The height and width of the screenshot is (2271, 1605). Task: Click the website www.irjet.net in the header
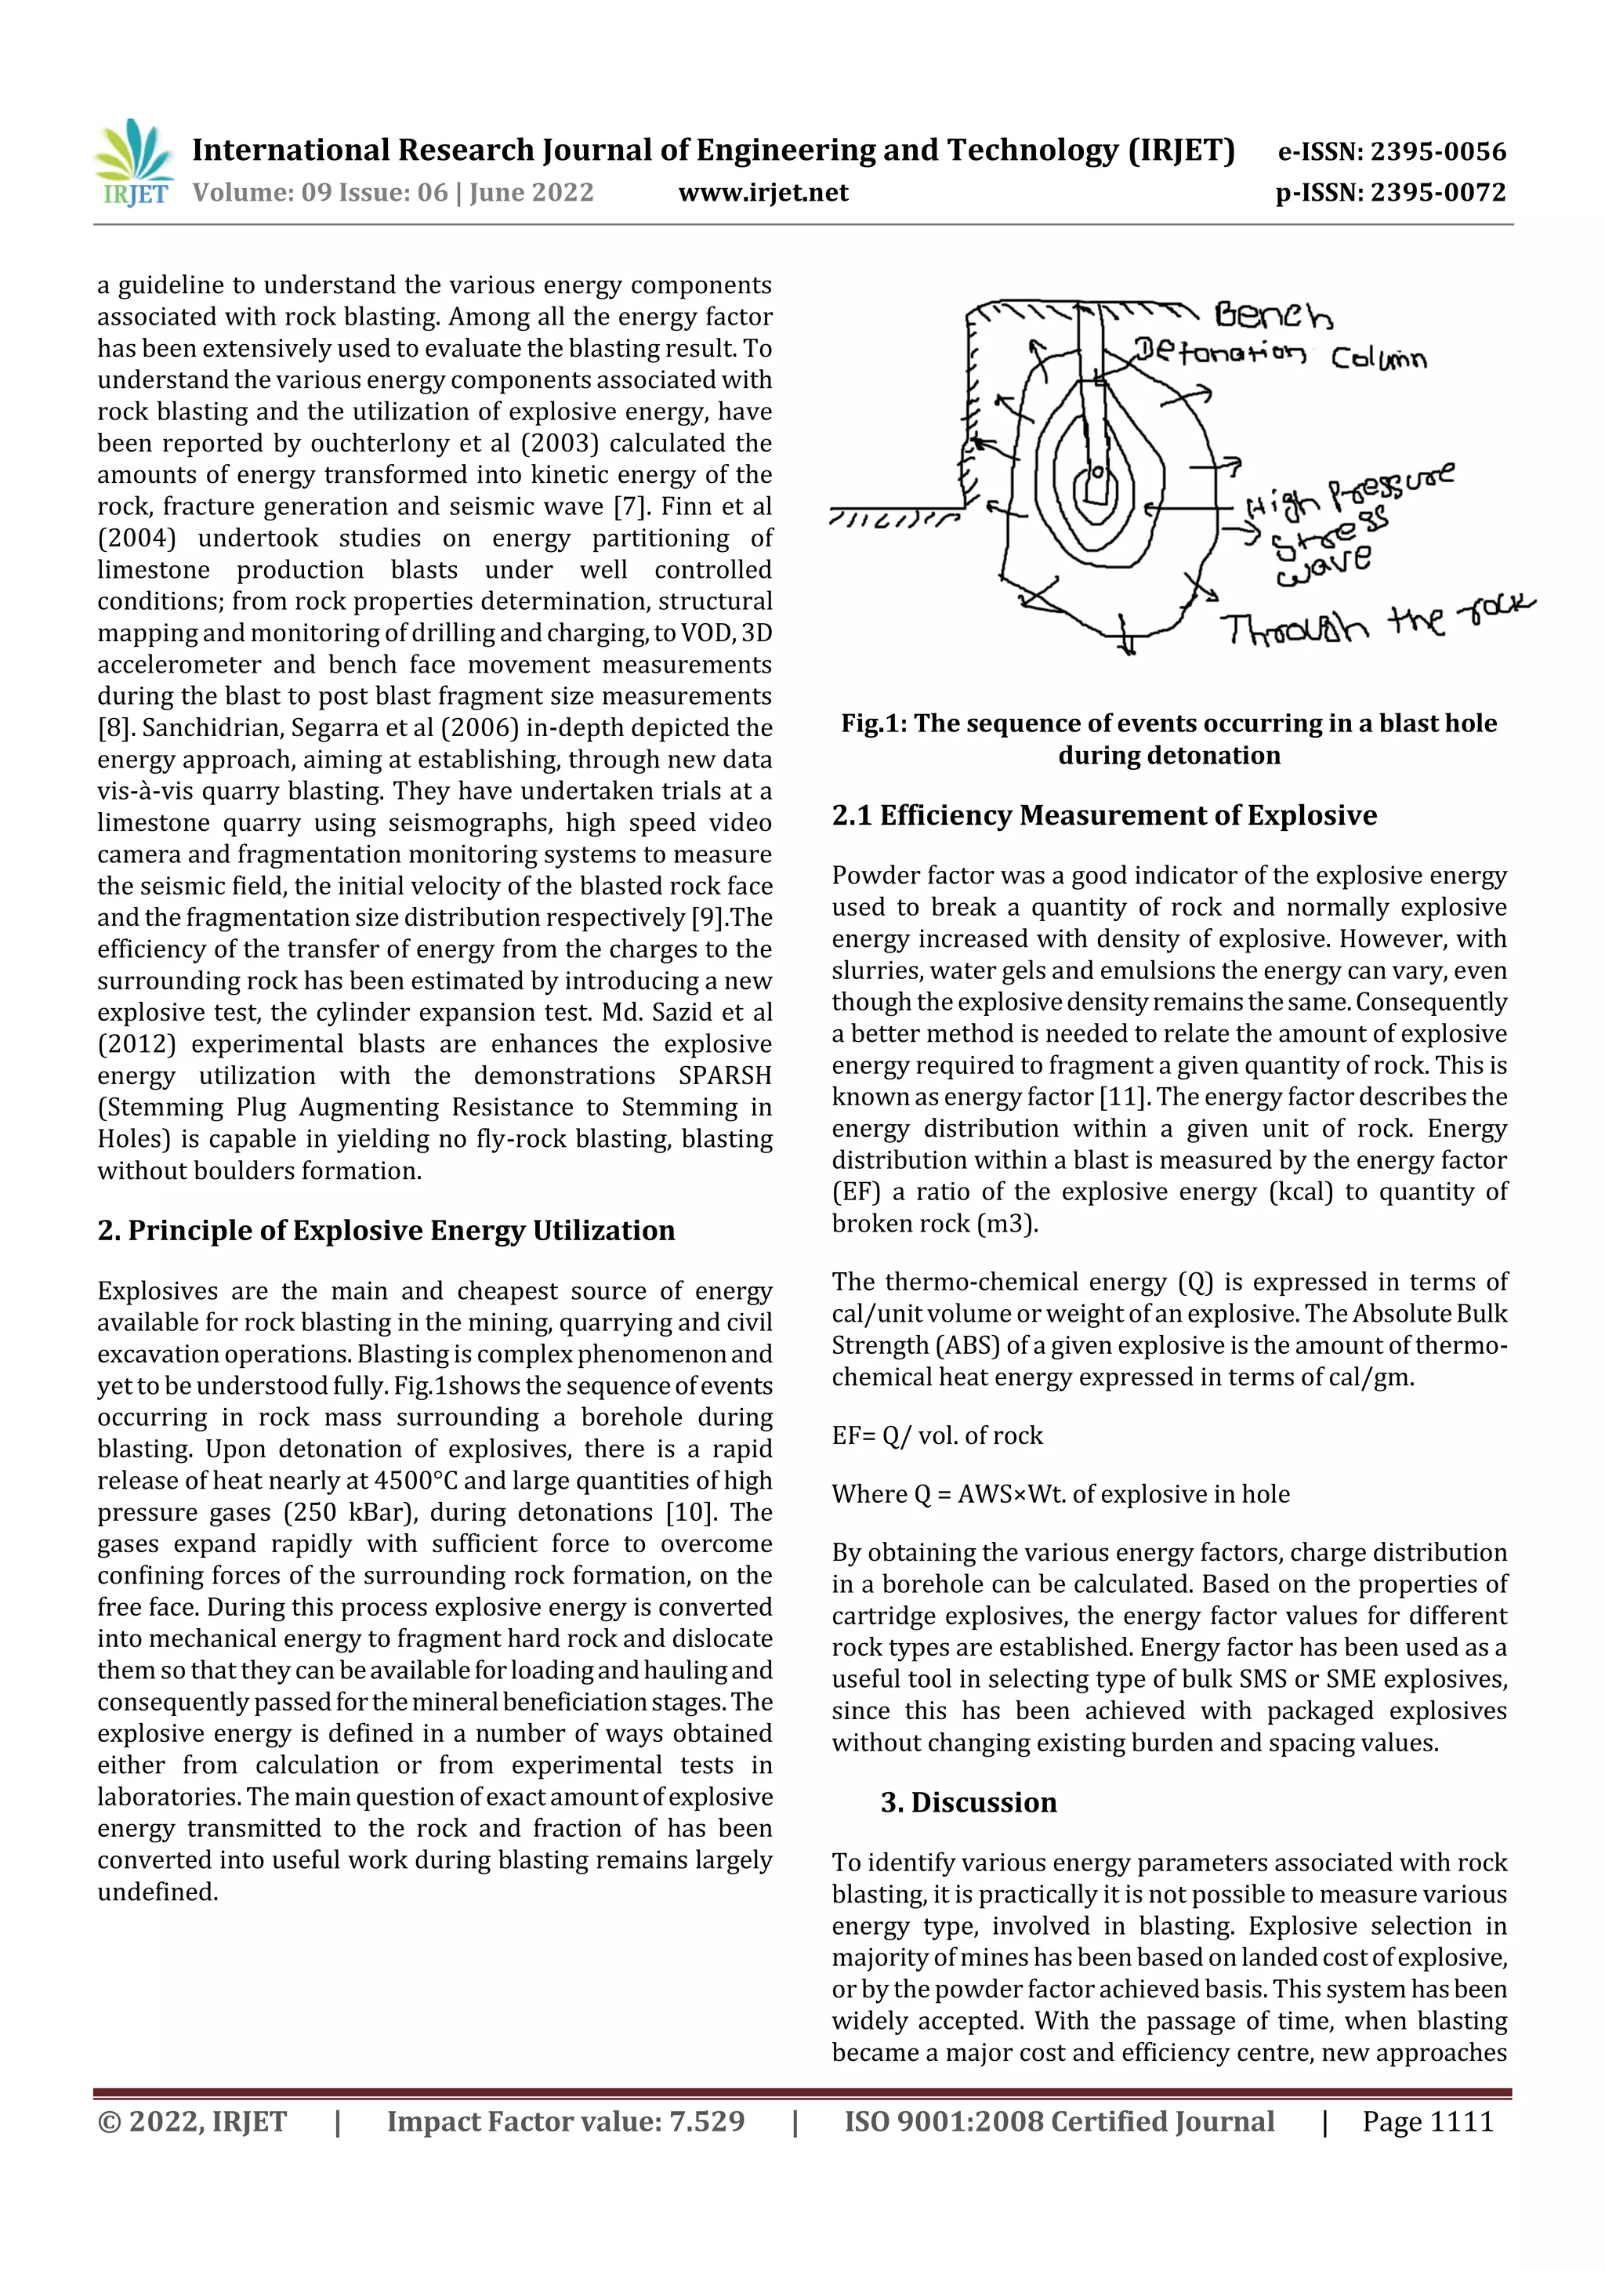point(763,193)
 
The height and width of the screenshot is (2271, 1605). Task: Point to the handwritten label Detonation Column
point(1280,355)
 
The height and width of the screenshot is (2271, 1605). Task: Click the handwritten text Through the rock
point(1375,623)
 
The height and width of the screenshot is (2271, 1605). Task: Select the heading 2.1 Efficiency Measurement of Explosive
point(1103,815)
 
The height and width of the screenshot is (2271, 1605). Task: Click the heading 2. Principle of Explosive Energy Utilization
point(386,1231)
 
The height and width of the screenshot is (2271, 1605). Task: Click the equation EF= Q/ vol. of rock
point(937,1435)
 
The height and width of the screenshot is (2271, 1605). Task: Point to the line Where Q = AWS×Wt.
point(1060,1493)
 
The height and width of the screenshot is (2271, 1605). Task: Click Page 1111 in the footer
point(1427,2121)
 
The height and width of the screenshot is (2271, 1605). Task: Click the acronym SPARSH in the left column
point(724,1076)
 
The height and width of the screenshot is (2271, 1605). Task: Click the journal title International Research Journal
point(712,151)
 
